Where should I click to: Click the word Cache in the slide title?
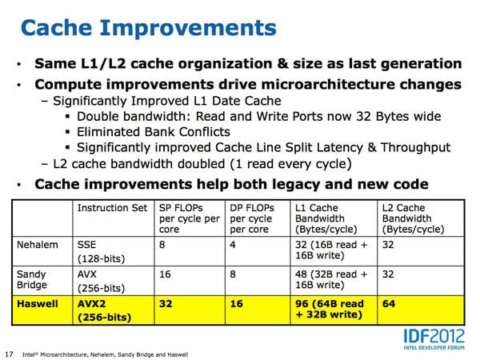[57, 27]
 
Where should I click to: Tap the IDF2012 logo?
[434, 339]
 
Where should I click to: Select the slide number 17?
[9, 354]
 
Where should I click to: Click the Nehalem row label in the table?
[38, 245]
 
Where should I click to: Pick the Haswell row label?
[38, 304]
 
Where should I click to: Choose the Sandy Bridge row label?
[32, 279]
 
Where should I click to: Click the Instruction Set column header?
[112, 208]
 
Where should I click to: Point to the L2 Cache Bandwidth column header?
[414, 218]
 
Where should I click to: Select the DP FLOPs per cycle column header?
[252, 218]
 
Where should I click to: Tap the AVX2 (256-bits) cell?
[104, 310]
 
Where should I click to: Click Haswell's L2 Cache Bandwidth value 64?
[389, 304]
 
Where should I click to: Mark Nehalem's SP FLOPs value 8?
[162, 245]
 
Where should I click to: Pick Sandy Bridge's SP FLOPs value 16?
[165, 274]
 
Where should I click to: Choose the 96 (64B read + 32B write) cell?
[330, 309]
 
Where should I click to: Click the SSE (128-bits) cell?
[101, 251]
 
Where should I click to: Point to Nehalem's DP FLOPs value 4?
[233, 245]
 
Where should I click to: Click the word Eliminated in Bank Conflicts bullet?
[109, 132]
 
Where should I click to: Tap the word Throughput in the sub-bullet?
[416, 148]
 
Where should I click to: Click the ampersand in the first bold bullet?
[282, 64]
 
